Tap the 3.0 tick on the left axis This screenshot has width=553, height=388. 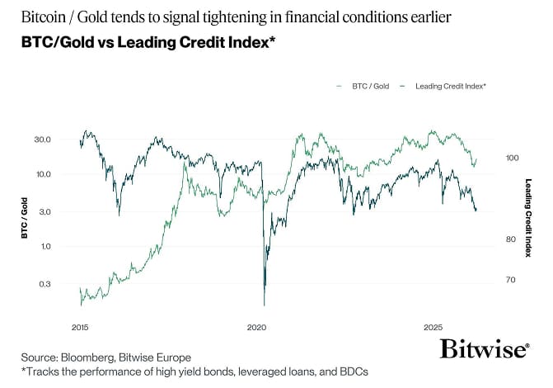(x=45, y=212)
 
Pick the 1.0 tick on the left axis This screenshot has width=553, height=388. (x=45, y=247)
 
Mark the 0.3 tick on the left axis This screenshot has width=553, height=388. (x=45, y=284)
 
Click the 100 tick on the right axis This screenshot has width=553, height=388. (x=511, y=158)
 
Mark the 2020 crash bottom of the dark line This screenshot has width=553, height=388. (x=265, y=305)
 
